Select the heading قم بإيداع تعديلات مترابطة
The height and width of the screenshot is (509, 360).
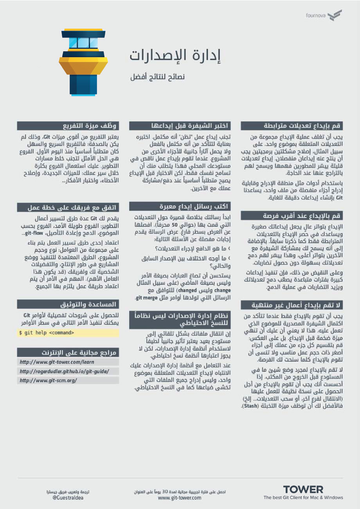click(292, 126)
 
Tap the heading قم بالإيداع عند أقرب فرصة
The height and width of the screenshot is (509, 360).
click(292, 216)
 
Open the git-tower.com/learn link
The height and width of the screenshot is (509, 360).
click(57, 362)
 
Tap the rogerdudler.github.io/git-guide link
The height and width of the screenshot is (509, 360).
click(64, 371)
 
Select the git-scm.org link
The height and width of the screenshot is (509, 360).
click(49, 380)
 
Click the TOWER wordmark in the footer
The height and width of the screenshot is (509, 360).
click(303, 489)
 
